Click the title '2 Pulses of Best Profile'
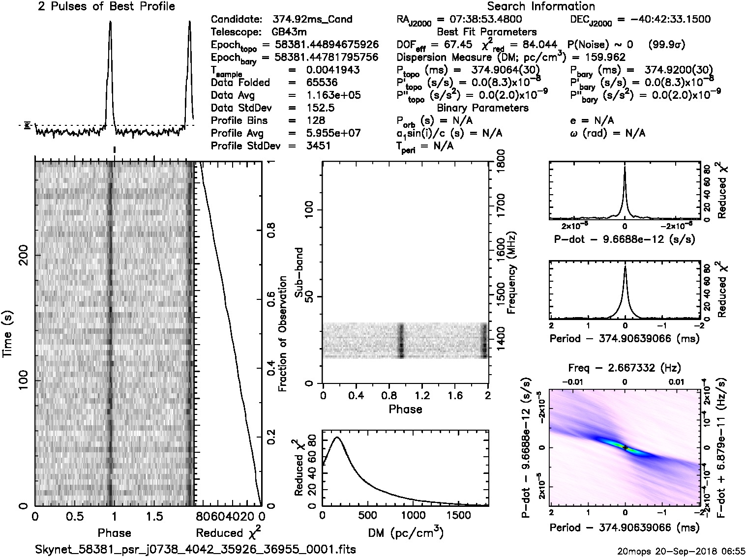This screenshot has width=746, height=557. point(106,7)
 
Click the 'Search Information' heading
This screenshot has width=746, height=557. point(540,7)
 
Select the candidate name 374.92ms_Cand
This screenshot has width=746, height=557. point(312,20)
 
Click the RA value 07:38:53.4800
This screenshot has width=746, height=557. point(479,20)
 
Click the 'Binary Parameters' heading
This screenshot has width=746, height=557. point(482,108)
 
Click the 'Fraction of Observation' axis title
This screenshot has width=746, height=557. point(283,334)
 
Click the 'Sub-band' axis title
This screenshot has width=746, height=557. point(298,273)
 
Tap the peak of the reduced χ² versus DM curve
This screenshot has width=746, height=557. point(337,437)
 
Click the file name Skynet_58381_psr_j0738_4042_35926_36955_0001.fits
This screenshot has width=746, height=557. point(195,549)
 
